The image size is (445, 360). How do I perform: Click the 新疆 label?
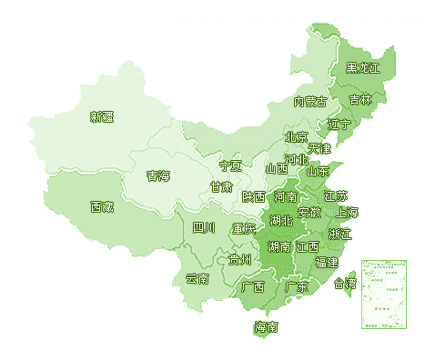102,116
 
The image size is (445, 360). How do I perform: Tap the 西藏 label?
102,206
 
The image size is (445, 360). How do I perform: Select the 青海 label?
158,175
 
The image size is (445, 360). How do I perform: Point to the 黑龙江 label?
363,68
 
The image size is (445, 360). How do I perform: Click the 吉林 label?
361,99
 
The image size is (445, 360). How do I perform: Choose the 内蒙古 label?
310,101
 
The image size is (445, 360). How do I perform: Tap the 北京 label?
296,137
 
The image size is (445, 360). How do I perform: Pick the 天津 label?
319,147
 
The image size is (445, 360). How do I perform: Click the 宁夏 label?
231,166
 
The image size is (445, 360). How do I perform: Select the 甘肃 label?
221,187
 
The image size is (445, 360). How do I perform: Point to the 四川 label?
204,227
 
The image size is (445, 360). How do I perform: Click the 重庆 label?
244,228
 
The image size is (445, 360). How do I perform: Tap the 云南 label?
197,278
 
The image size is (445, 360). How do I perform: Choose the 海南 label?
267,327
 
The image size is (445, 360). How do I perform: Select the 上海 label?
347,213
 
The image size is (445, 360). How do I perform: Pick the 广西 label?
253,286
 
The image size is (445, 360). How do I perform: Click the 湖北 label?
281,220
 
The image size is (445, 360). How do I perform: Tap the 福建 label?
326,262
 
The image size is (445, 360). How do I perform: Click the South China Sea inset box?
383,294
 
